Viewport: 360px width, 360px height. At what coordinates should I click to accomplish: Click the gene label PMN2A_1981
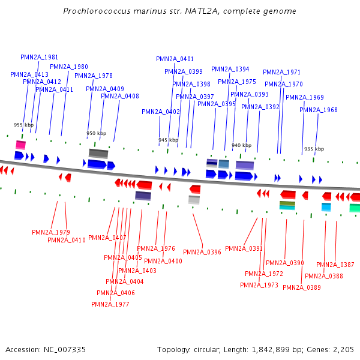(x=39, y=57)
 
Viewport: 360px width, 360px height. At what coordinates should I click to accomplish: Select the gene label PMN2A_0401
(x=175, y=59)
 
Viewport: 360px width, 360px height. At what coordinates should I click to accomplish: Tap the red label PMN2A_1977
(x=110, y=304)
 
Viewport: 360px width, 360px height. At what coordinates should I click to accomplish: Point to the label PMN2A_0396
(x=202, y=252)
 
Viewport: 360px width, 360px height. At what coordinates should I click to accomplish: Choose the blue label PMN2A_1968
(x=319, y=110)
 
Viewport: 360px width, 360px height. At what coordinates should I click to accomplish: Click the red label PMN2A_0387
(x=335, y=265)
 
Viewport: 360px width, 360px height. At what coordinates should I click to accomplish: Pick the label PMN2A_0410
(x=66, y=240)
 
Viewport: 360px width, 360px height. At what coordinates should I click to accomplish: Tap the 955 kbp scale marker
(x=22, y=125)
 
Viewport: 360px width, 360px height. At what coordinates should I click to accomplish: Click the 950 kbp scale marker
(x=96, y=133)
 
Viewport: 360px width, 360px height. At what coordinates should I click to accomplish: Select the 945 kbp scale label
(x=168, y=140)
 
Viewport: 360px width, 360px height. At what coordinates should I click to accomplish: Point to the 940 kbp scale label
(x=241, y=145)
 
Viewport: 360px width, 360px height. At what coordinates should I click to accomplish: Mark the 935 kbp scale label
(x=314, y=149)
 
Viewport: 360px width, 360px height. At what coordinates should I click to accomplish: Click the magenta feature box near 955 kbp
(x=20, y=145)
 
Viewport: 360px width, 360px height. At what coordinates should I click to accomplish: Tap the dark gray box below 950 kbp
(x=98, y=153)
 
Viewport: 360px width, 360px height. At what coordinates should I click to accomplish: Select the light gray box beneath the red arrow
(x=194, y=200)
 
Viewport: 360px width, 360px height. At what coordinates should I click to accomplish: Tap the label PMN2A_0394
(x=230, y=69)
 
